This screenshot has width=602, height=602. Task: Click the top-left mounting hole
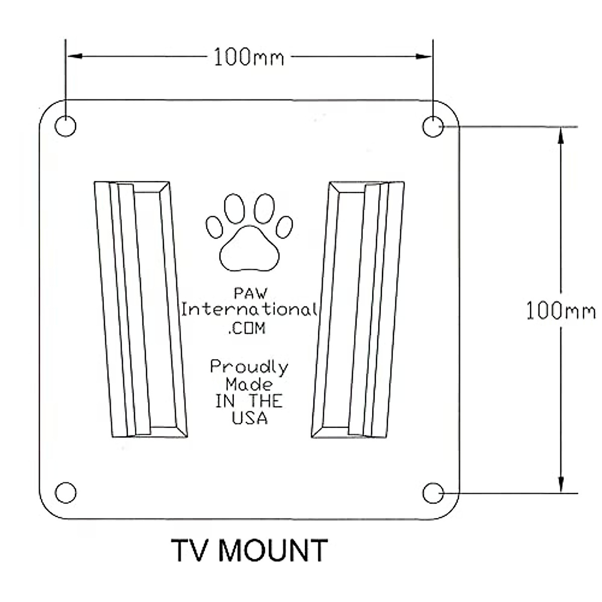point(65,125)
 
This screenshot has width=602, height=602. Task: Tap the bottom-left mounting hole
point(65,492)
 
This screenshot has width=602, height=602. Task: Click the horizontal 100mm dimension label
point(249,57)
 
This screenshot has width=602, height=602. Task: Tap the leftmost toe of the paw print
point(215,227)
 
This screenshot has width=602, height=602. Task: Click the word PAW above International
point(249,293)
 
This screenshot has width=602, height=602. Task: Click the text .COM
point(247,329)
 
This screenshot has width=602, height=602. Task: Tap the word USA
point(249,418)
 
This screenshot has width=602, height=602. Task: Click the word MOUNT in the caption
point(273,550)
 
